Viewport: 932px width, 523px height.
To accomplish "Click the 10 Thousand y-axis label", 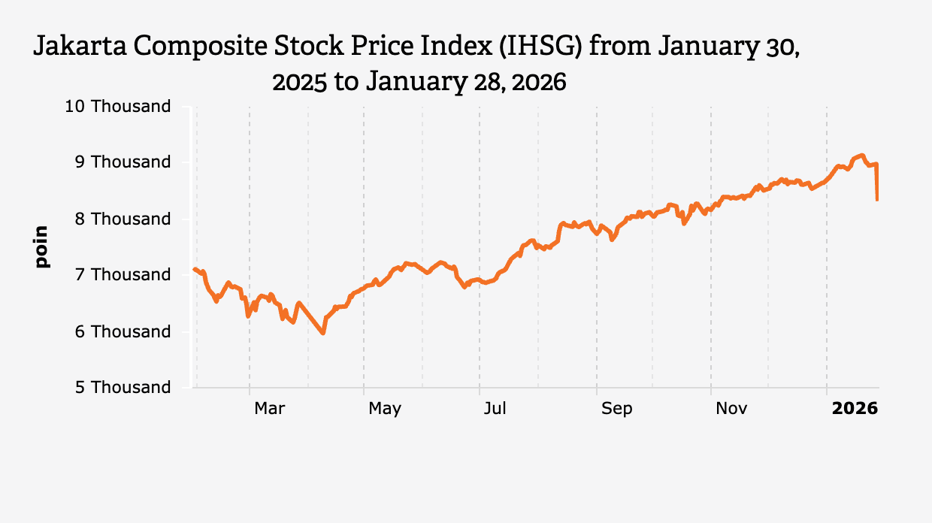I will coord(118,106).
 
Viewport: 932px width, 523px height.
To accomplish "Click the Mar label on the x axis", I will coord(269,408).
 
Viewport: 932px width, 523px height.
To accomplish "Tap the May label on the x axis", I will coord(385,408).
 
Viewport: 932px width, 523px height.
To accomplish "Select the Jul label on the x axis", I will coord(495,408).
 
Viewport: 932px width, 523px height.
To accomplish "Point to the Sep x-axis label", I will coord(616,408).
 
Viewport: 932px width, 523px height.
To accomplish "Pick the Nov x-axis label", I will coord(731,408).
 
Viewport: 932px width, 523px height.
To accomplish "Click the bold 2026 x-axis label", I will coord(855,408).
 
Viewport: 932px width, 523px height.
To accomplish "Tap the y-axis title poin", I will coord(41,246).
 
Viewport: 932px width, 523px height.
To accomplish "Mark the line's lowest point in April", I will coord(323,333).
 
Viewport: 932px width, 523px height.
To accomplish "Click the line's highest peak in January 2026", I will coord(861,155).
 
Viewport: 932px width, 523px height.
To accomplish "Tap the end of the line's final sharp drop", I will coord(877,199).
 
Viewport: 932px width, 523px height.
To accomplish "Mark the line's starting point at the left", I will coord(194,268).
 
